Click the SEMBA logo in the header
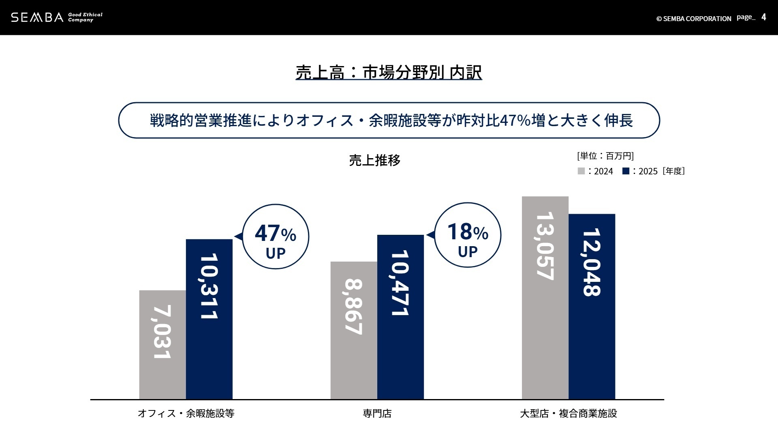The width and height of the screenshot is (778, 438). tap(37, 17)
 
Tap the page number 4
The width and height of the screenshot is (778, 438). tap(763, 17)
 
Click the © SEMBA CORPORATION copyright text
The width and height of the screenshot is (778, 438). tap(693, 19)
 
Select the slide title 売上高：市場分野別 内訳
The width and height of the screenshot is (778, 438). tap(389, 73)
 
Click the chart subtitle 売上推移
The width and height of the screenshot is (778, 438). tap(374, 161)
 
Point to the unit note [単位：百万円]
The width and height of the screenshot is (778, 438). tap(605, 156)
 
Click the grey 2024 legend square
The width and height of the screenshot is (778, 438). tap(581, 171)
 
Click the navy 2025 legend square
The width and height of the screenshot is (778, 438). tap(626, 171)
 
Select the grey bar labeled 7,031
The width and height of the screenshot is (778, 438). tap(162, 345)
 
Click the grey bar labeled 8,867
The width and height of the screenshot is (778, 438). tap(354, 331)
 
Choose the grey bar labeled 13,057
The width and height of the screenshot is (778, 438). tap(545, 298)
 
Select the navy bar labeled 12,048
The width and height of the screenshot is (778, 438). tap(592, 307)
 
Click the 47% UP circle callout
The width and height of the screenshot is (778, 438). tap(276, 236)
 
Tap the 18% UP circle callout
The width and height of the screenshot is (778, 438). tap(468, 235)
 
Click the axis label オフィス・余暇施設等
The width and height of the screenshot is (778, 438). tap(186, 414)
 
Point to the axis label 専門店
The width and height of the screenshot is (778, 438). tap(377, 414)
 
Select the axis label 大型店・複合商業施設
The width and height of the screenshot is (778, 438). tap(568, 414)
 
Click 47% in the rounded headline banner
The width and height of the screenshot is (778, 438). tap(515, 120)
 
